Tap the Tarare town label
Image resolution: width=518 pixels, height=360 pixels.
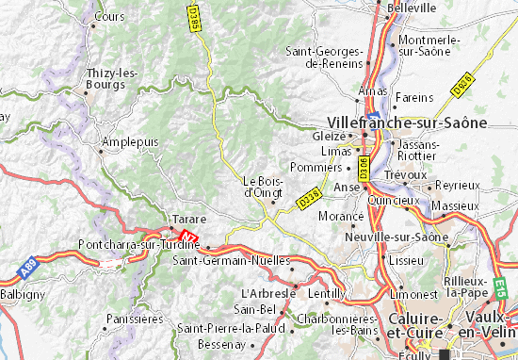pos(183,219)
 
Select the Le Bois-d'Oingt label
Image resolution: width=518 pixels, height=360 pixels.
pos(263,187)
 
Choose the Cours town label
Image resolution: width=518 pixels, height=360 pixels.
pos(110,17)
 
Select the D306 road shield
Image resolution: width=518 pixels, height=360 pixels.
pos(363,169)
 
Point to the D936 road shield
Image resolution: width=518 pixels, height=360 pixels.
pos(461,84)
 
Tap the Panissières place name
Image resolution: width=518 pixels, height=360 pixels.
pos(135,319)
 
